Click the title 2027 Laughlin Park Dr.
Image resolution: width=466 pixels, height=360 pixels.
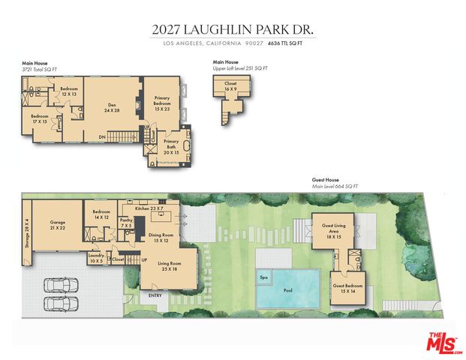[233, 30]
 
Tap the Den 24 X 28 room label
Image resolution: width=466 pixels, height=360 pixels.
[113, 107]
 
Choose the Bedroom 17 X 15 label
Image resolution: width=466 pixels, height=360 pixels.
[40, 120]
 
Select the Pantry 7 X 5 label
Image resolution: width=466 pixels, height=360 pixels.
[125, 223]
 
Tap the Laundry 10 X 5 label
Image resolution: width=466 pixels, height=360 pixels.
[95, 259]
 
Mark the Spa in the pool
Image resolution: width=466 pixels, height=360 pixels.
[263, 277]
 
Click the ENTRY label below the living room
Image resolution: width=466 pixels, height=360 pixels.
[155, 295]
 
